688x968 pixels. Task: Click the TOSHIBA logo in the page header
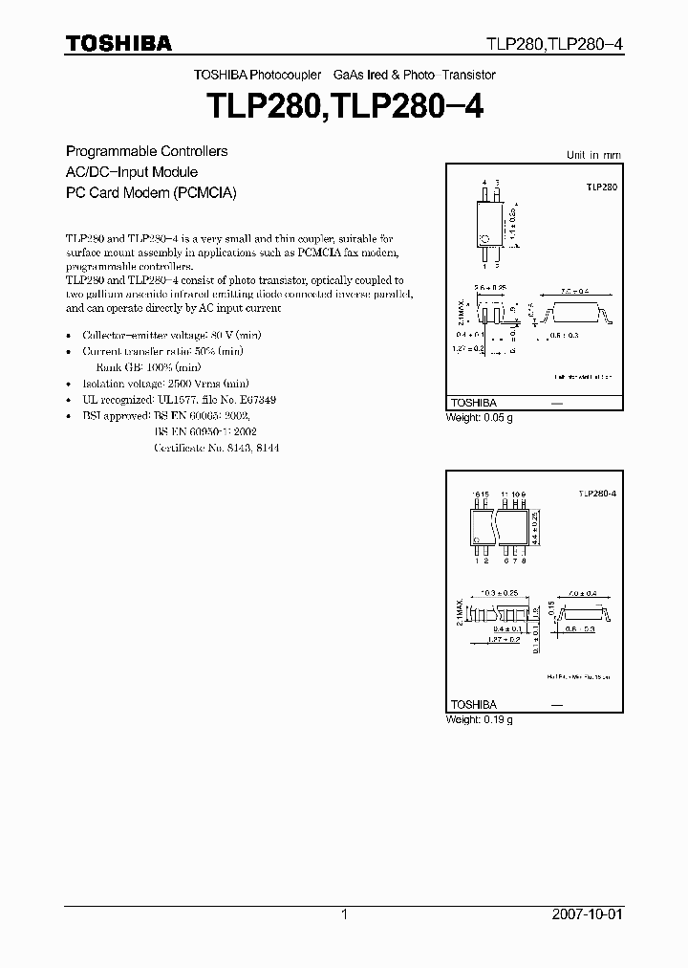(x=118, y=43)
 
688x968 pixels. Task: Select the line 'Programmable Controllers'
(x=146, y=151)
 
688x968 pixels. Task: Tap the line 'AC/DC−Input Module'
(x=132, y=171)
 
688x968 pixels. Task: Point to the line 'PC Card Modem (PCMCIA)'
(x=150, y=191)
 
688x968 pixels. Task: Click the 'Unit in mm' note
(x=593, y=154)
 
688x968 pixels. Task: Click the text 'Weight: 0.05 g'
(x=480, y=418)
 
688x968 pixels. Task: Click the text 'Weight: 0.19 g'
(x=480, y=719)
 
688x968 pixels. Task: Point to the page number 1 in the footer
(x=344, y=914)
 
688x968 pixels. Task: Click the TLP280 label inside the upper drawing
(x=602, y=188)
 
